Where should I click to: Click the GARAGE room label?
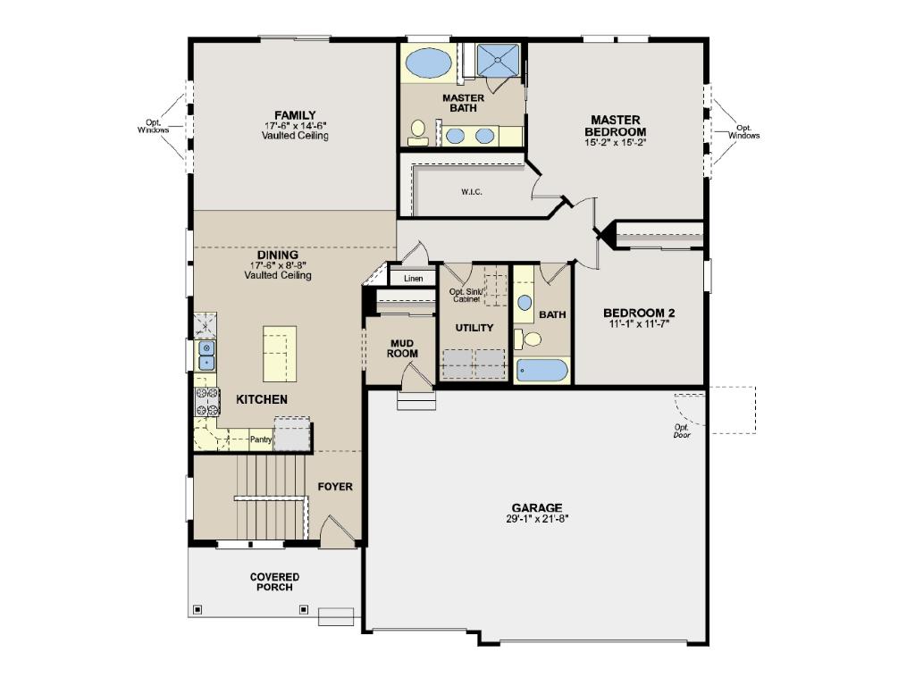pos(537,508)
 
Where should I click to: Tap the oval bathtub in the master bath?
pos(428,63)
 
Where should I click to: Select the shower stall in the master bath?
pos(498,60)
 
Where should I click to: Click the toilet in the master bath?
pos(418,132)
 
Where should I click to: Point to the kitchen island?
pos(280,354)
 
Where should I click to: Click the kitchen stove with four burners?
pos(207,401)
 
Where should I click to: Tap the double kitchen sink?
pos(207,356)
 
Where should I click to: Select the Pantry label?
pos(261,439)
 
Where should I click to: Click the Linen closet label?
pos(413,279)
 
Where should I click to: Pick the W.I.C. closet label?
pos(472,192)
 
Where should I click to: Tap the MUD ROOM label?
pos(402,348)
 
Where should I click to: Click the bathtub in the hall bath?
pos(542,371)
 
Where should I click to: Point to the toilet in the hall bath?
pos(528,339)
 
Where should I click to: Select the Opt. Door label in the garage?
pos(682,431)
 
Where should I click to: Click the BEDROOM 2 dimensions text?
pos(639,323)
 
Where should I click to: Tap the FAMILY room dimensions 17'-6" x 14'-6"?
pos(295,125)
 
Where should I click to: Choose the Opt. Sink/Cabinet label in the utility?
pos(466,295)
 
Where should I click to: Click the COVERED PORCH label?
pos(275,581)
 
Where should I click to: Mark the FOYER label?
pos(335,487)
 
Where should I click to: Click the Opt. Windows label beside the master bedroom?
pos(744,132)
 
